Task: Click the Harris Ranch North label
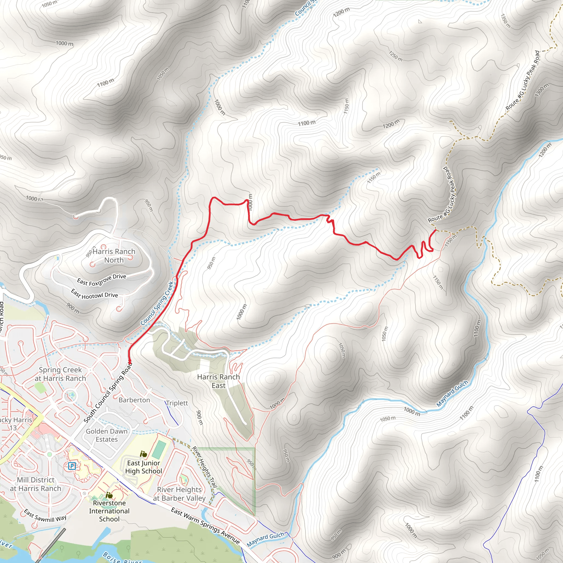pyautogui.click(x=114, y=256)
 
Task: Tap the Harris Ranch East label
pyautogui.click(x=218, y=381)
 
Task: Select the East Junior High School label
pyautogui.click(x=144, y=467)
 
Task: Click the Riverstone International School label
pyautogui.click(x=109, y=511)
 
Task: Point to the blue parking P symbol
pyautogui.click(x=72, y=466)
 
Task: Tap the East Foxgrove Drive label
pyautogui.click(x=101, y=280)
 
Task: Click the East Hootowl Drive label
pyautogui.click(x=94, y=294)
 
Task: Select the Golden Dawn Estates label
pyautogui.click(x=107, y=435)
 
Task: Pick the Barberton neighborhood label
pyautogui.click(x=134, y=400)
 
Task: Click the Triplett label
pyautogui.click(x=177, y=403)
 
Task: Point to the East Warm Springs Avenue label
pyautogui.click(x=205, y=525)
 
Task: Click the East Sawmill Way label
pyautogui.click(x=45, y=515)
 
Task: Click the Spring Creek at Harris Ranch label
pyautogui.click(x=60, y=374)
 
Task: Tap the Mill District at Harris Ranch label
pyautogui.click(x=35, y=484)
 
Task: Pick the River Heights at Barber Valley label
pyautogui.click(x=179, y=494)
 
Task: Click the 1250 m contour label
pyautogui.click(x=396, y=56)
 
